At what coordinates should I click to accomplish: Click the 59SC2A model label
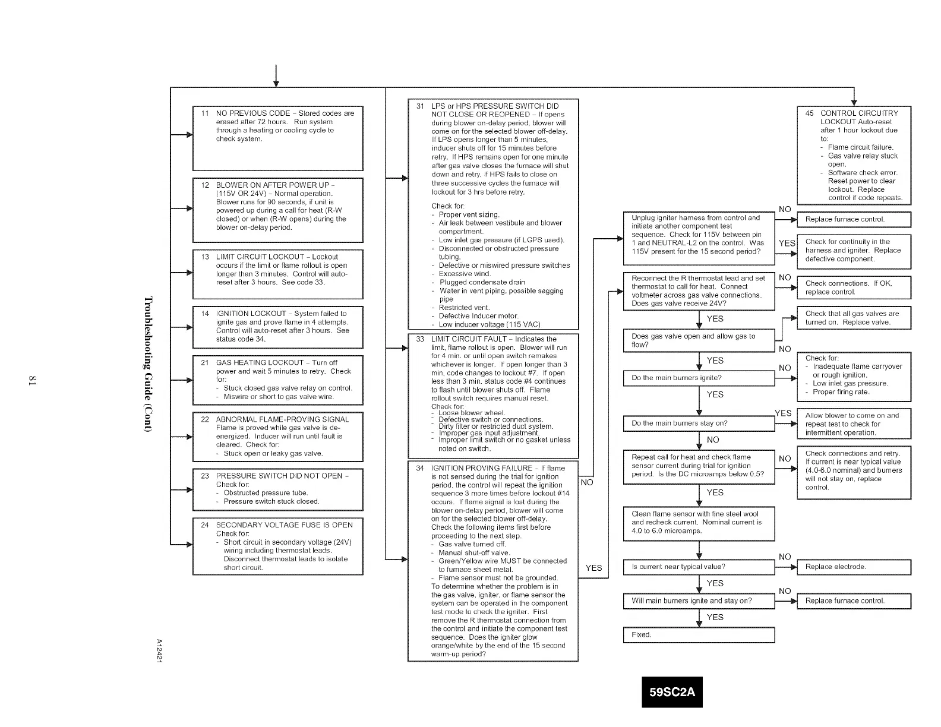[672, 692]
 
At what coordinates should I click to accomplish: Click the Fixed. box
[699, 635]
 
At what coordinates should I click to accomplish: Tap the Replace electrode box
[853, 567]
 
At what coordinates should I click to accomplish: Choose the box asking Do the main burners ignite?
[699, 378]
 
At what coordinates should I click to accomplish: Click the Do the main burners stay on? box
[699, 423]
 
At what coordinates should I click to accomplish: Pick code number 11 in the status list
[204, 113]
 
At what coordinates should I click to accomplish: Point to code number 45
[809, 113]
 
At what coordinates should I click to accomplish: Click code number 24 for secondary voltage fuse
[204, 525]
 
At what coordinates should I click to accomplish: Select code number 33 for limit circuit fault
[420, 339]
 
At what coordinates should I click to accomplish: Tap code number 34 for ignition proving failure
[420, 468]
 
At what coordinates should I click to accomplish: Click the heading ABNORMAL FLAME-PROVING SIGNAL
[282, 419]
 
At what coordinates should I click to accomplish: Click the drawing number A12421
[159, 652]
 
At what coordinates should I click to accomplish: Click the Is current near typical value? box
[699, 567]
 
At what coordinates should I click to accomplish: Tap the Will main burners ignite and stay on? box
[699, 601]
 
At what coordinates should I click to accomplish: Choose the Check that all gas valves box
[853, 318]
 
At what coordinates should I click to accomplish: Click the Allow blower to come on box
[853, 424]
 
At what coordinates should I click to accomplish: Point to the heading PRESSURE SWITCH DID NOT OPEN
[282, 476]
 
